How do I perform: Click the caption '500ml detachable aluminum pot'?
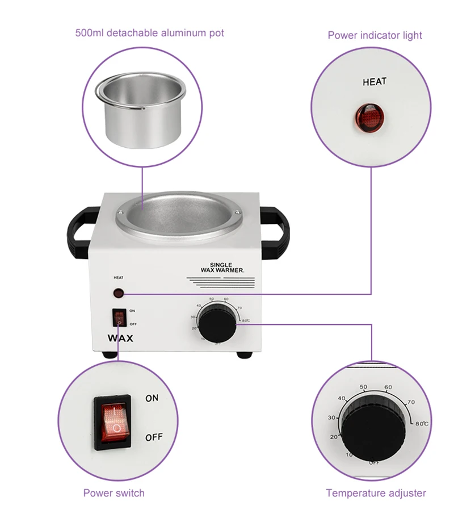pos(149,33)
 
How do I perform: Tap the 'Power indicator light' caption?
pos(375,35)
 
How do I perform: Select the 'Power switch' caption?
pos(113,492)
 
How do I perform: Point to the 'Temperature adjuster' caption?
pos(376,492)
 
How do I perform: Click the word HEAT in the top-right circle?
pos(374,82)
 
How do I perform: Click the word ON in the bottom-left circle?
pos(152,398)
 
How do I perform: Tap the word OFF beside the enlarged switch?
pos(154,437)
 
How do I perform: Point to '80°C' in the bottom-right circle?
pos(421,423)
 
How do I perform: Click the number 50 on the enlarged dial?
pos(363,387)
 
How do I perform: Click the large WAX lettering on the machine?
pos(120,338)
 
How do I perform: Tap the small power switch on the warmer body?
pos(119,318)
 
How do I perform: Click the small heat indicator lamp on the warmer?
pos(119,294)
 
